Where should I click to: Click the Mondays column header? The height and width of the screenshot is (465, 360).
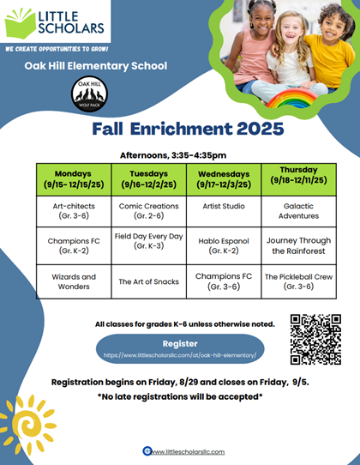tap(74, 178)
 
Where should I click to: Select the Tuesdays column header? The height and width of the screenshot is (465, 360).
tap(148, 178)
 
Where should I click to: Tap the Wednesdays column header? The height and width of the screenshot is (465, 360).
tap(223, 178)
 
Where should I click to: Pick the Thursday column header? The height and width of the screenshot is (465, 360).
tap(297, 175)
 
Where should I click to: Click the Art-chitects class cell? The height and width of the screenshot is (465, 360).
tap(74, 211)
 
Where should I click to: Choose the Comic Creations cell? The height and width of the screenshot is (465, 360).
tap(148, 211)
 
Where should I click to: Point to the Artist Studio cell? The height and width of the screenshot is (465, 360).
tap(223, 207)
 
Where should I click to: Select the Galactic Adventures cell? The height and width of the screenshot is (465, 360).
tap(297, 211)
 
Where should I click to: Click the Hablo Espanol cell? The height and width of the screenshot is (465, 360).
tap(223, 245)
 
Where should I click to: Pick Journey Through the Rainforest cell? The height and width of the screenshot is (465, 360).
tap(297, 245)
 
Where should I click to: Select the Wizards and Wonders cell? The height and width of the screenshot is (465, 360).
tap(74, 282)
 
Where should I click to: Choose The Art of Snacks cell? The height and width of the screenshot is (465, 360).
tap(148, 281)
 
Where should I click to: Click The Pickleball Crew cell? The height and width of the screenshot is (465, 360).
tap(297, 282)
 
